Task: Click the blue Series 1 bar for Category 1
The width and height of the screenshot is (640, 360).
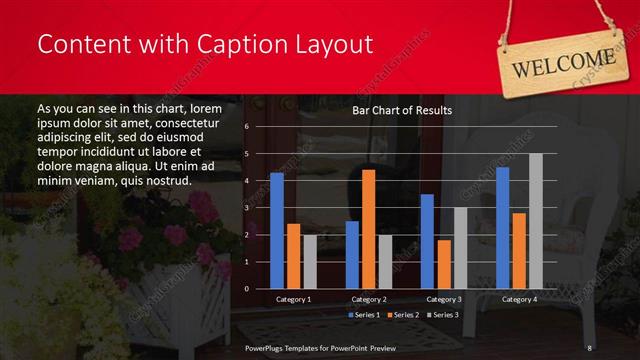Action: [x=277, y=231]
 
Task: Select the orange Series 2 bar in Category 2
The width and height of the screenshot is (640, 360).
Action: [x=368, y=229]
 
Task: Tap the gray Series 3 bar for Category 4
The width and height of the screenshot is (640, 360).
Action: [x=535, y=221]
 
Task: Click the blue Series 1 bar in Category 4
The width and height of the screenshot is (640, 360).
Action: [x=503, y=228]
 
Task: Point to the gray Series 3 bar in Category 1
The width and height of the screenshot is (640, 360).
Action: [x=310, y=262]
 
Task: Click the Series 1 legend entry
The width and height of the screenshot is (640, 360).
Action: [x=364, y=315]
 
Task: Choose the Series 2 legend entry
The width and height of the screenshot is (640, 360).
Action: [x=404, y=315]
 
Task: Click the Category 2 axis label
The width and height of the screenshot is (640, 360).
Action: [x=369, y=299]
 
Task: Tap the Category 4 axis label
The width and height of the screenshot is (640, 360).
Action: [x=519, y=299]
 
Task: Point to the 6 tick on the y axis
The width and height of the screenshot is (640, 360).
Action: [x=247, y=127]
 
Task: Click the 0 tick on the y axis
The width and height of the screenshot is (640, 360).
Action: [x=247, y=288]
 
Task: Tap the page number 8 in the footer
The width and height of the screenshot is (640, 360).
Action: [x=590, y=347]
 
